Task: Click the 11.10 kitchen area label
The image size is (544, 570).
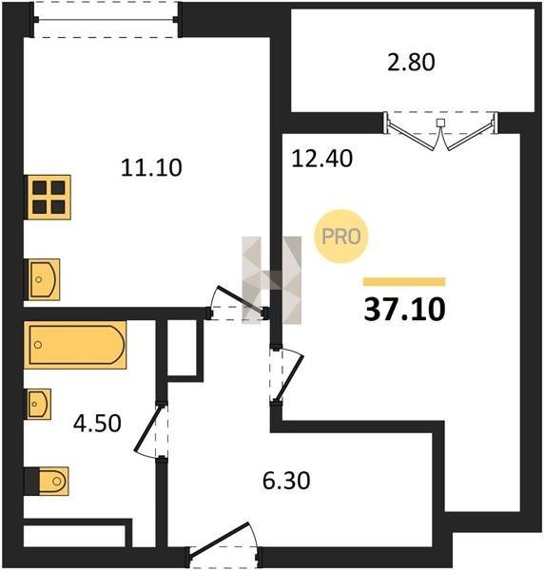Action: point(151,168)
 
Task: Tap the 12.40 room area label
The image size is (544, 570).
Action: point(322,159)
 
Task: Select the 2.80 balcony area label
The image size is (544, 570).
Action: point(411,62)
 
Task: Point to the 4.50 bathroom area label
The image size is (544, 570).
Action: point(97,424)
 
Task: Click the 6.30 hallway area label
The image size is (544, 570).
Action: point(286,481)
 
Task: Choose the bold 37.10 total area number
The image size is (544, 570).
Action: point(404,310)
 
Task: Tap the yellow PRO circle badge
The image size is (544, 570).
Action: point(341,237)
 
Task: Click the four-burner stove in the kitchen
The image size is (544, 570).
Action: point(49,197)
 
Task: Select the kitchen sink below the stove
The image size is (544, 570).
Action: point(44,279)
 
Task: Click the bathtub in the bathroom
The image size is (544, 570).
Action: point(75,345)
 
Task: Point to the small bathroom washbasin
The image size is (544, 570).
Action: point(39,404)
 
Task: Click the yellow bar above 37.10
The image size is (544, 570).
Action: point(404,282)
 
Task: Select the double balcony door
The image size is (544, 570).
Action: point(440,132)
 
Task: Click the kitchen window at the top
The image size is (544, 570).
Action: point(106,20)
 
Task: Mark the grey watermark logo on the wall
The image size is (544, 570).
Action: point(272,280)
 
